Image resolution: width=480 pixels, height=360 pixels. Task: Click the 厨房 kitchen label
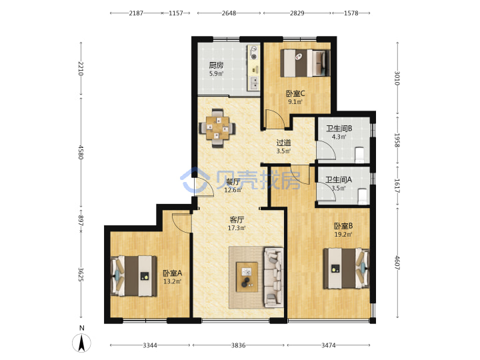click(216, 65)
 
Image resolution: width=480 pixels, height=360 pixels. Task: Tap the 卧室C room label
click(295, 93)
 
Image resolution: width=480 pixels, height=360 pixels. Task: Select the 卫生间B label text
click(339, 129)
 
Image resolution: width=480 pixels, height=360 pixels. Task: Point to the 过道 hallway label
click(284, 143)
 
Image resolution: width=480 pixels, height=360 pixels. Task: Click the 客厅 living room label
click(237, 219)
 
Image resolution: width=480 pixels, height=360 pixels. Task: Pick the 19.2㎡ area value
click(343, 235)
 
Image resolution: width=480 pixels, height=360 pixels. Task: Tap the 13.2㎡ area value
click(173, 281)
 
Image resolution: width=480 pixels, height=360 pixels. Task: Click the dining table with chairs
click(217, 128)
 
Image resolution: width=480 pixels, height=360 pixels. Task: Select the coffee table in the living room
click(247, 277)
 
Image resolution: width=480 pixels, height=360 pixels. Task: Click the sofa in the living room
click(274, 277)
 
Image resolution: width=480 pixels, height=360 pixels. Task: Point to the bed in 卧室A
click(133, 276)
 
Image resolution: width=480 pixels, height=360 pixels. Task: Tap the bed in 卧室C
click(305, 63)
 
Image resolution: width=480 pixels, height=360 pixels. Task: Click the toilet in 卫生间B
click(359, 155)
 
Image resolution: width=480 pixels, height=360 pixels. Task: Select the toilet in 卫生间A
click(362, 196)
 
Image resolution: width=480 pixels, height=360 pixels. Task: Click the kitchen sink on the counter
click(254, 83)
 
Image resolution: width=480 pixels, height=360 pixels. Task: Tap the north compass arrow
click(81, 343)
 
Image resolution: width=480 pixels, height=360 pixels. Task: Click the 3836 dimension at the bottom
click(239, 345)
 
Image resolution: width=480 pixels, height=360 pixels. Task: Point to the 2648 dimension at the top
click(229, 13)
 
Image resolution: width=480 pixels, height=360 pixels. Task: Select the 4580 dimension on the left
click(81, 152)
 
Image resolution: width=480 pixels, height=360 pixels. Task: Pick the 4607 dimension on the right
click(397, 263)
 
